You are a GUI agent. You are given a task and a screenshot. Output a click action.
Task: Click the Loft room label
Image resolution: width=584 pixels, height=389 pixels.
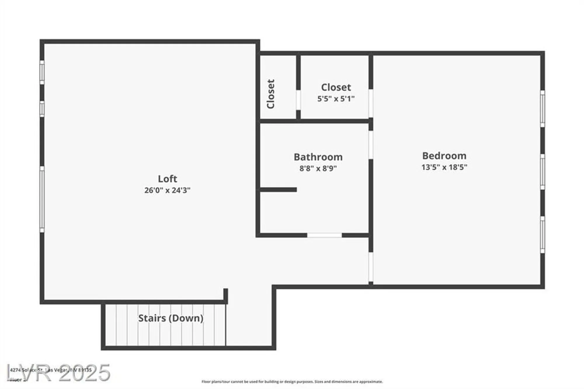click(167, 179)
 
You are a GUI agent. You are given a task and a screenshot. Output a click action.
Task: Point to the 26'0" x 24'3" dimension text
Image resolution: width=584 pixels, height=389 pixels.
click(167, 190)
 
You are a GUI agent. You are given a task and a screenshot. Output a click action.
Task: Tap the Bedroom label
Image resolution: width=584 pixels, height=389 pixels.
click(444, 156)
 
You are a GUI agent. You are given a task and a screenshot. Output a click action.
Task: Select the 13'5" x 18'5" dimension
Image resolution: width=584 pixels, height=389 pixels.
click(444, 167)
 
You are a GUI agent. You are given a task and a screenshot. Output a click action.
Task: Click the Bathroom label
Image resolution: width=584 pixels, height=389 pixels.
click(318, 157)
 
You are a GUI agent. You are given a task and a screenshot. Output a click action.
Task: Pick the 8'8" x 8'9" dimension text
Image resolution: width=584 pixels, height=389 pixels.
click(318, 169)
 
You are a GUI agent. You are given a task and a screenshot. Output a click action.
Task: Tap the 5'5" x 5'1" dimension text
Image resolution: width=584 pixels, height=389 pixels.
click(336, 99)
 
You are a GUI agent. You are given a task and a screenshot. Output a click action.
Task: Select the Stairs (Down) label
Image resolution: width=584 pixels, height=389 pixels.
click(171, 318)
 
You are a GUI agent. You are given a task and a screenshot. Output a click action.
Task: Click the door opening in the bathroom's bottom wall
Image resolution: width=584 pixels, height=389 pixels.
click(324, 235)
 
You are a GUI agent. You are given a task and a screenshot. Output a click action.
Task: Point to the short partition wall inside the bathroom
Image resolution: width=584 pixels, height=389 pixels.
click(278, 190)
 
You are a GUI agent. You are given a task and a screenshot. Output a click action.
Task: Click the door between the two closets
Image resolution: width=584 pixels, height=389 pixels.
click(298, 100)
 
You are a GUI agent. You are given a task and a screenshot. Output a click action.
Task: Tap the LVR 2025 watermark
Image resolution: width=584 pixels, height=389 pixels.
click(58, 373)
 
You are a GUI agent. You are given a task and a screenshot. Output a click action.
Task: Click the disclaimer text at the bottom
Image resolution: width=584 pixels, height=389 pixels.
click(292, 382)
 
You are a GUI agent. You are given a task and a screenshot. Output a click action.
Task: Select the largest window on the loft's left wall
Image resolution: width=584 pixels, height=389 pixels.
click(42, 199)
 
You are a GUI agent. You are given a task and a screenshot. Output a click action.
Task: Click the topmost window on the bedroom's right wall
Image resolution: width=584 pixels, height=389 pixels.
click(542, 109)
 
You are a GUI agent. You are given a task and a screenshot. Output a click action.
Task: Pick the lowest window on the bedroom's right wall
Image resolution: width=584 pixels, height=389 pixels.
click(542, 235)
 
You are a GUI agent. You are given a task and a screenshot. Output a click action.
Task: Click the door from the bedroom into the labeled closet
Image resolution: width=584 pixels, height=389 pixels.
click(371, 103)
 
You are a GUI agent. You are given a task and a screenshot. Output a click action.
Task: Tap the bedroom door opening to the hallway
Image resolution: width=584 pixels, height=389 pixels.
click(371, 267)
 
